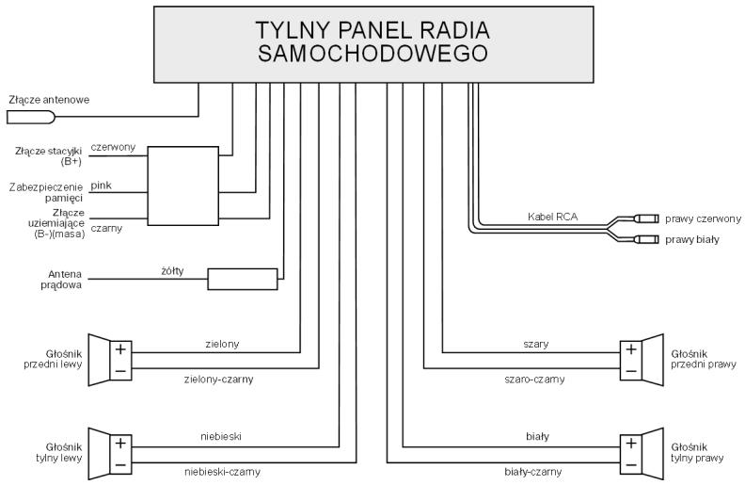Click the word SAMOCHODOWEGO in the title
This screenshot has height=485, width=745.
(373, 54)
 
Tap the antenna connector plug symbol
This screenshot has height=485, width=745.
(31, 117)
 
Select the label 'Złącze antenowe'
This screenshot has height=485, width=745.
(49, 100)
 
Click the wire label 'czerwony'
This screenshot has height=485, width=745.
(113, 147)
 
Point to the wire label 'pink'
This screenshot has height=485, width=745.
(102, 186)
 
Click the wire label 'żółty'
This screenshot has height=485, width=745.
(172, 270)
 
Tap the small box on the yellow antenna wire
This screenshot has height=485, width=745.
(243, 279)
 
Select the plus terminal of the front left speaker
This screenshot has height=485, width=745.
(120, 349)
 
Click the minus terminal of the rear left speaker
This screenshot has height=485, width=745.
(120, 464)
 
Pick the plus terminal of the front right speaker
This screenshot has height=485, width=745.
(631, 349)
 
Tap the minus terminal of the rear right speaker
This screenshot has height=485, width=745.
(631, 464)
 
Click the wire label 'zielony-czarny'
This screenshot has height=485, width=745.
(218, 380)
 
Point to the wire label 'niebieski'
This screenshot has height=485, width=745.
(221, 436)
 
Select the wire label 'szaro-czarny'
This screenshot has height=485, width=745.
(534, 380)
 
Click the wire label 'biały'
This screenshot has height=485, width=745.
(537, 436)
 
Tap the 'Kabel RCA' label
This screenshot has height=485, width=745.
(552, 217)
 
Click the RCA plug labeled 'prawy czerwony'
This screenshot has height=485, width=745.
(646, 218)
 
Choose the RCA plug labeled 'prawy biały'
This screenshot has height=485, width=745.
(646, 238)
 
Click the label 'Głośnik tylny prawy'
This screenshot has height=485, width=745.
(696, 453)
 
